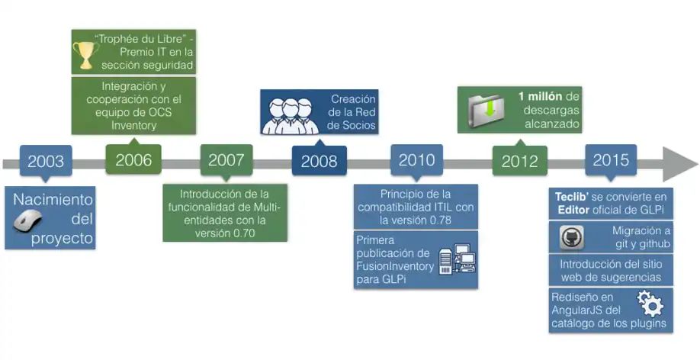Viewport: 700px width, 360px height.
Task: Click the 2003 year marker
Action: (x=46, y=162)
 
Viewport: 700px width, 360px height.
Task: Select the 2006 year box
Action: (x=133, y=160)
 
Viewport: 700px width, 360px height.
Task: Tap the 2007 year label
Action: (x=226, y=160)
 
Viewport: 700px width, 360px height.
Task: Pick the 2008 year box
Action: (x=319, y=161)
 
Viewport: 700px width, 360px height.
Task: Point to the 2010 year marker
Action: (x=416, y=160)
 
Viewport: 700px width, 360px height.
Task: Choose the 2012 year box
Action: (x=519, y=162)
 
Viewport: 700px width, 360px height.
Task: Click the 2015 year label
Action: (x=611, y=160)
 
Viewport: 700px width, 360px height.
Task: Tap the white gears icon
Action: (x=650, y=304)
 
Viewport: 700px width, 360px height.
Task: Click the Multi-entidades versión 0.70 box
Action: (x=226, y=213)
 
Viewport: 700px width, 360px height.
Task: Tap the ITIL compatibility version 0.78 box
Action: (x=416, y=206)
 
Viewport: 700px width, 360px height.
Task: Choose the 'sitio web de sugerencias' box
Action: (x=611, y=271)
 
